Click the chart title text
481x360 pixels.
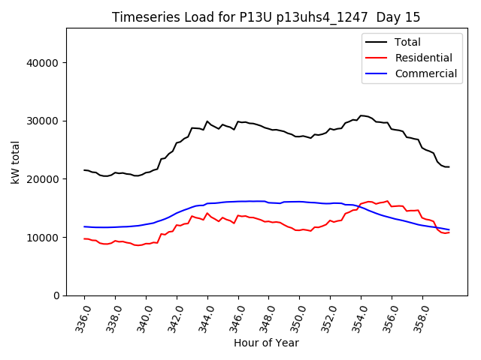[x=266, y=17]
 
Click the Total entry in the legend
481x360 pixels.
[x=408, y=42]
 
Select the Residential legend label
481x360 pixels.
[x=423, y=58]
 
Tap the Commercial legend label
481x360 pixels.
[x=425, y=73]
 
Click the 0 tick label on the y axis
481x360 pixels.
[x=56, y=295]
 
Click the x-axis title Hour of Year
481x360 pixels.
[x=266, y=343]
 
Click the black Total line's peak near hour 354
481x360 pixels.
[x=362, y=115]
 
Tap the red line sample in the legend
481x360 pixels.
[x=378, y=58]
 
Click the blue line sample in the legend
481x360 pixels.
[x=378, y=73]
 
